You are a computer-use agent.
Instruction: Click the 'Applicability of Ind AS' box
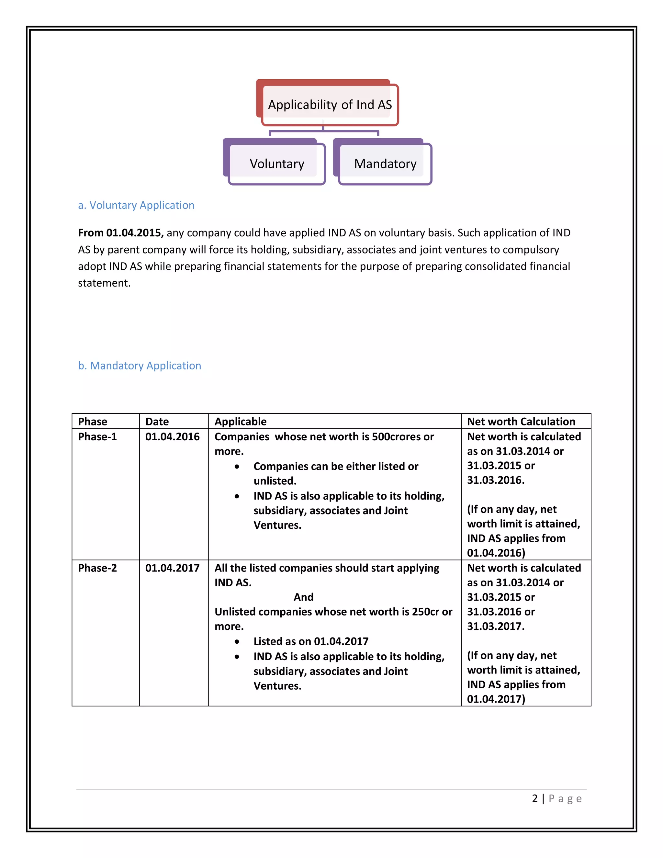pos(330,105)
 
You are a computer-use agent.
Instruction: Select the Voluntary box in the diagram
pos(277,164)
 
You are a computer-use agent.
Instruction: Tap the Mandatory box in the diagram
pos(385,164)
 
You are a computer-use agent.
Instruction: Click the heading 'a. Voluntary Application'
pos(136,205)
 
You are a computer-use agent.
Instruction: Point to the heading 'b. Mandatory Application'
pos(140,366)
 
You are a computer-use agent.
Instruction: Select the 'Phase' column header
pos(93,422)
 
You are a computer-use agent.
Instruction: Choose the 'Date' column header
pos(157,422)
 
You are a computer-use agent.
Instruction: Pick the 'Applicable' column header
pos(241,422)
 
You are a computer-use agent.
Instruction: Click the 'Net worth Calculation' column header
pos(521,422)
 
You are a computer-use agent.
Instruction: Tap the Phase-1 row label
pos(97,437)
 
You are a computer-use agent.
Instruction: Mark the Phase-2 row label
pos(97,568)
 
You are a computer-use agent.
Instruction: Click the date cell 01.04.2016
pos(173,437)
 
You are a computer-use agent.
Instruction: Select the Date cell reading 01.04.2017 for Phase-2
pos(173,568)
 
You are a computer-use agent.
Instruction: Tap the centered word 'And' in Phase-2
pos(304,597)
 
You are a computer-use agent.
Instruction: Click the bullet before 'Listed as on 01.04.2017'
pos(237,641)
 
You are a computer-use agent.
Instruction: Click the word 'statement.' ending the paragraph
pos(104,283)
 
